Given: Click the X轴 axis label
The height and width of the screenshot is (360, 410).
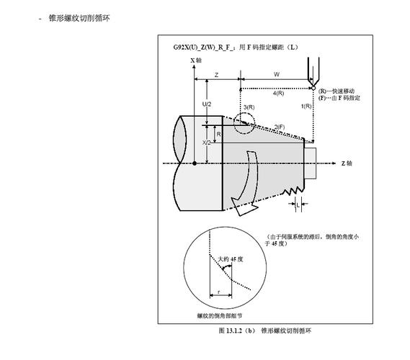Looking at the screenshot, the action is coord(196,60).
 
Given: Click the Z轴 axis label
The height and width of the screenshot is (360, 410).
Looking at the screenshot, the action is coord(347,163).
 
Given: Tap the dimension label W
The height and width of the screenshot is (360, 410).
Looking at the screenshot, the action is coord(277,74).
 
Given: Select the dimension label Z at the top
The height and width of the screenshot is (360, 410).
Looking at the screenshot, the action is coord(216,75).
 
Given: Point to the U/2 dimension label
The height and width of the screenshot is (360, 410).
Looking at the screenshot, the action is coord(207,104).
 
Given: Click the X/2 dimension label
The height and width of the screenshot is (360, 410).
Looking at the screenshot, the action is coord(206,143).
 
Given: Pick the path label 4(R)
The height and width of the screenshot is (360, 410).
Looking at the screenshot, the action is coord(278,94).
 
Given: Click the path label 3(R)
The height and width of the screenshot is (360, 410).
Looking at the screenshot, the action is coord(249,107).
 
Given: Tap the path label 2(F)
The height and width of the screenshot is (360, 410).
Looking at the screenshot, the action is coord(280,127).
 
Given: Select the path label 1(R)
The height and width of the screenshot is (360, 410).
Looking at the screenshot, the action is coord(306,106).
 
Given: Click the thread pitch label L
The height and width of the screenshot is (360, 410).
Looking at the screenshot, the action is coord(298,205).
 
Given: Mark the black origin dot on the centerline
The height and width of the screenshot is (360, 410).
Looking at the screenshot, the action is coord(195,163).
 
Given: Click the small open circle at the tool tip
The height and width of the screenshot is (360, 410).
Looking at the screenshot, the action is coord(313,89).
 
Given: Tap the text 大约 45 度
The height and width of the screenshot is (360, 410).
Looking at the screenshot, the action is coord(231,259).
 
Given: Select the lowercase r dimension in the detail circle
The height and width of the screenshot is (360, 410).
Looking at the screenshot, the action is coord(219,292).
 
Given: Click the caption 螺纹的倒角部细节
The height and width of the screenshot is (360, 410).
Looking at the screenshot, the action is coord(220,315).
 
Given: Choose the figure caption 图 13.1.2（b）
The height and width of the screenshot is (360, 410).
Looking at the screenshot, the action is coord(236,330).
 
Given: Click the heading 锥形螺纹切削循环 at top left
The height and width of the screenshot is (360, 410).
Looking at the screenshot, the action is coord(79,18).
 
